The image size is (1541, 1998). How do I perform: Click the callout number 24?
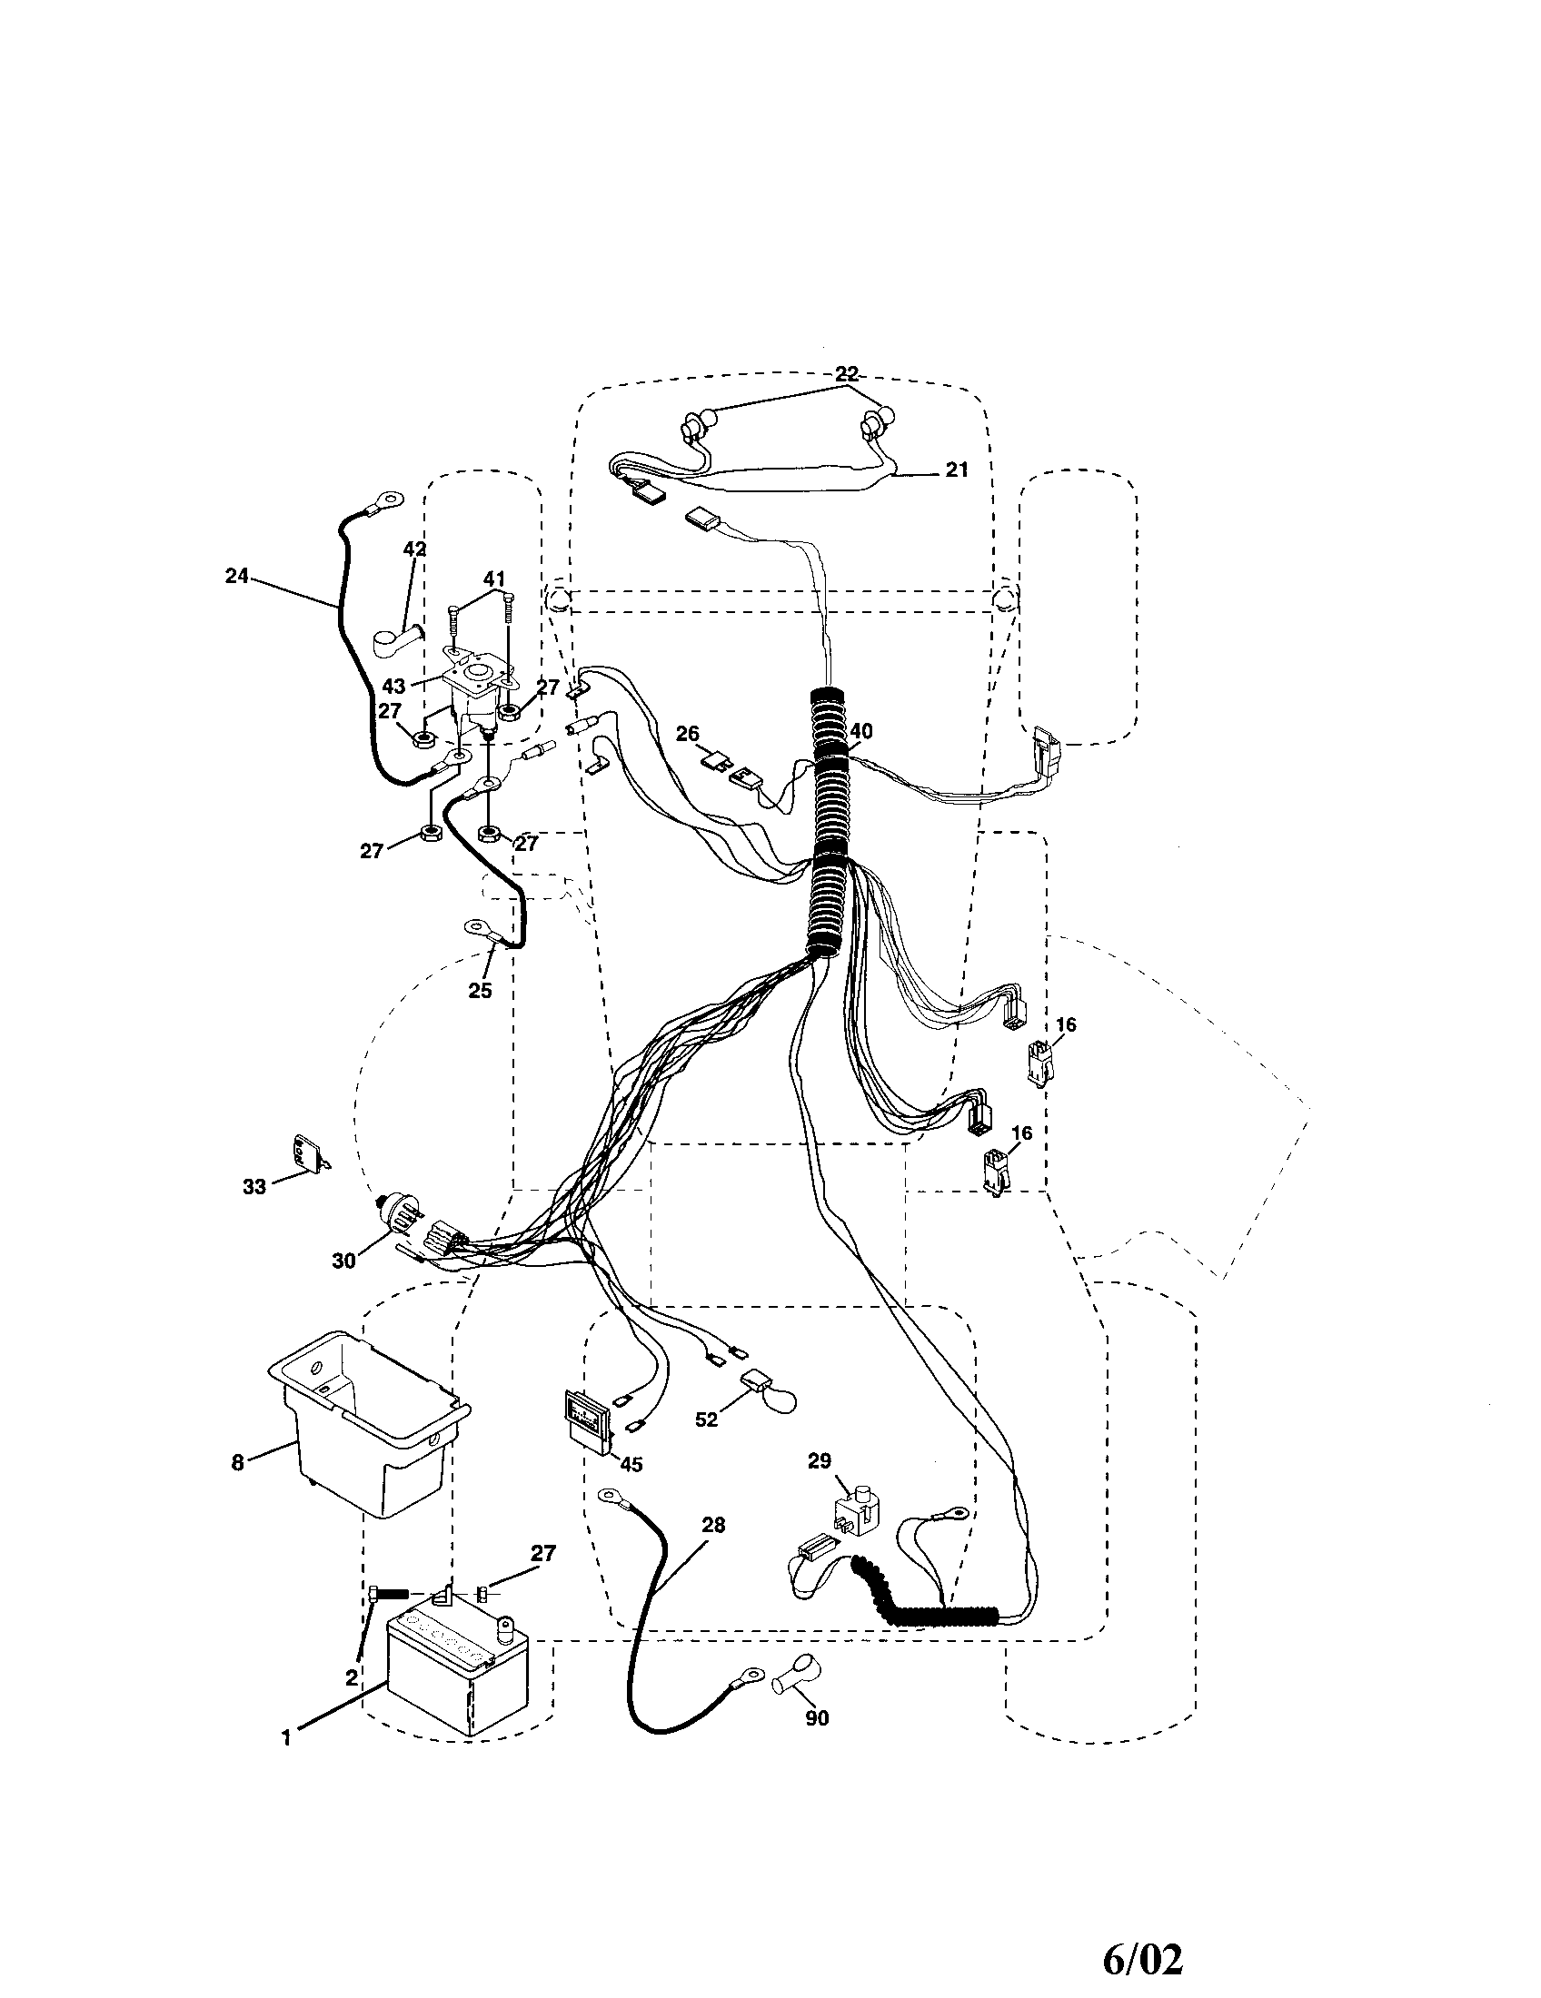tap(236, 577)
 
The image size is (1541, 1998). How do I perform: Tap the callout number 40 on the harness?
tap(860, 731)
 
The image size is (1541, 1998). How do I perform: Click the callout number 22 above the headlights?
tap(847, 373)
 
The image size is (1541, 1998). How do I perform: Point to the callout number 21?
tap(956, 470)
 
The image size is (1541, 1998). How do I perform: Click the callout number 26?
tap(687, 734)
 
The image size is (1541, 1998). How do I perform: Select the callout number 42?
tap(414, 549)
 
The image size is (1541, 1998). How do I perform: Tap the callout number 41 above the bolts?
tap(494, 579)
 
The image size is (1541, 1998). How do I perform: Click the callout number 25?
tap(480, 990)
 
